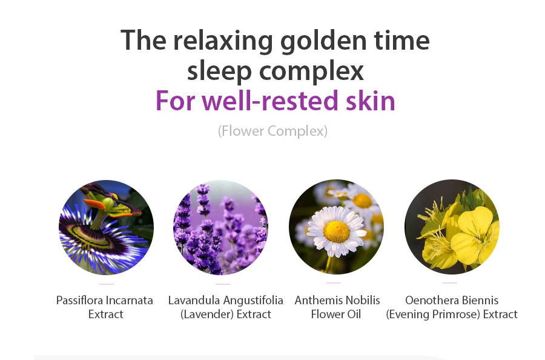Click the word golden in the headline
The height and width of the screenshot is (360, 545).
[323, 41]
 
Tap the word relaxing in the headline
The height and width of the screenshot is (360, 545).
[223, 41]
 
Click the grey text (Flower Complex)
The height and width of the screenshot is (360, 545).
[273, 131]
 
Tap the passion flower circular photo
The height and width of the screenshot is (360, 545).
[106, 227]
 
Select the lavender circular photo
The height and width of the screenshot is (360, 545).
[220, 227]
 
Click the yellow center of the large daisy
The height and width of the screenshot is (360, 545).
[337, 232]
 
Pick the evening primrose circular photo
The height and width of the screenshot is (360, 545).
[452, 227]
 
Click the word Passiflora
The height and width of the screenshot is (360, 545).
[79, 300]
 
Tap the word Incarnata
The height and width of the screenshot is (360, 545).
[129, 300]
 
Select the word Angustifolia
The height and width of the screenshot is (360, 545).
[253, 301]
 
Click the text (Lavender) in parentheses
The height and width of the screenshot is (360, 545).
[207, 315]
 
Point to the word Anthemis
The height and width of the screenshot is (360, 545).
[317, 300]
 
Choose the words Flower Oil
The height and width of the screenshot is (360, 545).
[335, 315]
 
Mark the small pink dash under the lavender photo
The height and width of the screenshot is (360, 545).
[223, 284]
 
